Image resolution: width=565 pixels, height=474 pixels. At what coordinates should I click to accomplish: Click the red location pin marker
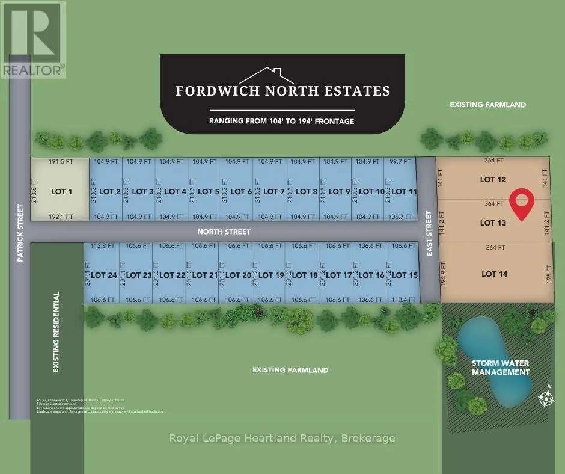[522, 203]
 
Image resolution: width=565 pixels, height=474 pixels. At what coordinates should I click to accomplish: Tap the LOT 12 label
[493, 179]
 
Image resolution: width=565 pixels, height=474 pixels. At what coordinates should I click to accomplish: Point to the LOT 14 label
[494, 274]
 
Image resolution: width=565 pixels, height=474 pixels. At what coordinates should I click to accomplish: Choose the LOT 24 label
[103, 275]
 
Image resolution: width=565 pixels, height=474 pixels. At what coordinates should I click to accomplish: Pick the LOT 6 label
[241, 192]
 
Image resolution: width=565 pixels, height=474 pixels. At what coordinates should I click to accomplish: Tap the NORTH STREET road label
[225, 231]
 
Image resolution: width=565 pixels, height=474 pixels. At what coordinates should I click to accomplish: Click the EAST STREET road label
[429, 234]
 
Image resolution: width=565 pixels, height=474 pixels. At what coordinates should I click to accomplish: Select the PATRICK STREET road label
[20, 233]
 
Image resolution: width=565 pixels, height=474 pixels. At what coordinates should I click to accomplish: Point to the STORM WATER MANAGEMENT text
[501, 368]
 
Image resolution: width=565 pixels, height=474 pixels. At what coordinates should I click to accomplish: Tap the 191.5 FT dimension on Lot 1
[60, 162]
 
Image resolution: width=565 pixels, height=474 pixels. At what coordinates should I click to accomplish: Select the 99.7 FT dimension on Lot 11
[400, 162]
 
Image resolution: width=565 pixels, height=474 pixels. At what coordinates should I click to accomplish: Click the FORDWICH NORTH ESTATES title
[282, 91]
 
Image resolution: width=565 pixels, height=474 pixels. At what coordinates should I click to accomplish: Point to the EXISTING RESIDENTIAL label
[56, 332]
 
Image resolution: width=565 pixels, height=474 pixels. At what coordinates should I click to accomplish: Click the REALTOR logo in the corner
[33, 40]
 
